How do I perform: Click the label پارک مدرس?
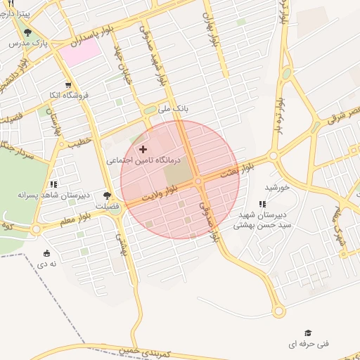[x=29, y=44]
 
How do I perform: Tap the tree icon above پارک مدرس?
[x=27, y=32]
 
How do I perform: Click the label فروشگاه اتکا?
[x=63, y=95]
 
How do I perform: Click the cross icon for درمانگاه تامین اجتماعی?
[x=144, y=149]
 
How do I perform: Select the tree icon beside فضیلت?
[x=107, y=197]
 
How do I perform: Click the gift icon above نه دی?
[x=46, y=253]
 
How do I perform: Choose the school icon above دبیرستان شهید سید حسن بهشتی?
[x=262, y=204]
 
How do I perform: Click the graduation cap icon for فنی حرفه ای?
[x=308, y=333]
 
